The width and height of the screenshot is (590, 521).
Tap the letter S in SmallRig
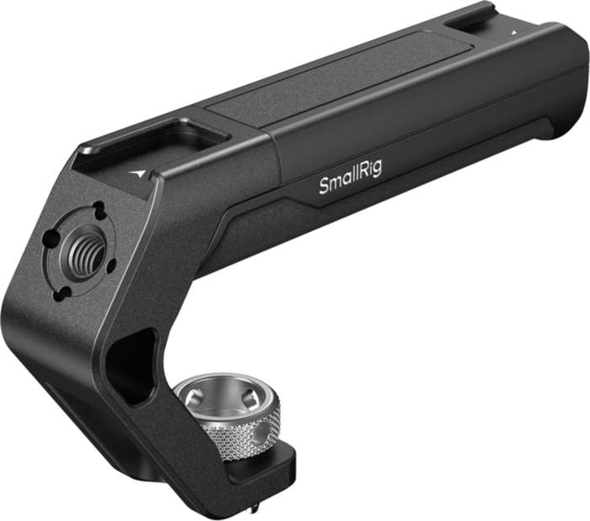[324, 186]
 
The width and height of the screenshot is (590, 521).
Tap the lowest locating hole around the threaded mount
[62, 293]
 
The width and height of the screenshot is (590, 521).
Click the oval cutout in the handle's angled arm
[133, 363]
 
